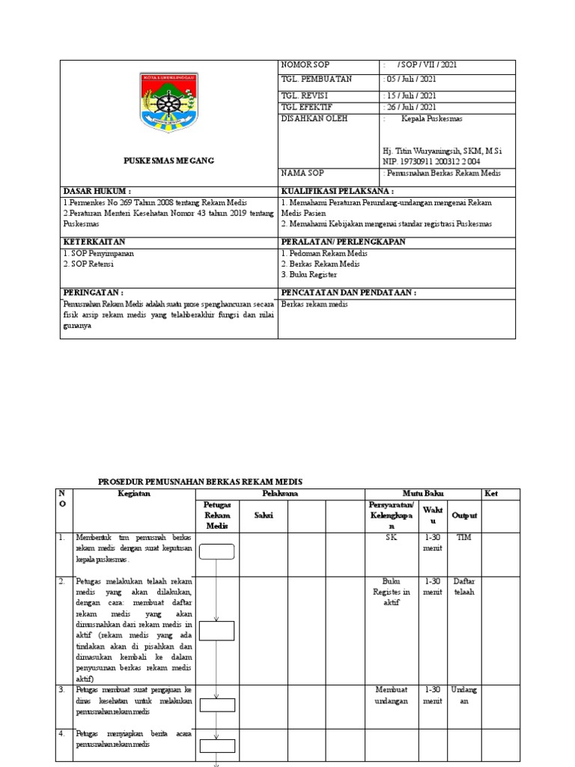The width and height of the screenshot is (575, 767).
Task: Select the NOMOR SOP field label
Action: tap(305, 65)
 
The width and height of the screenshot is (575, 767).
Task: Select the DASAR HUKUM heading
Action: tap(97, 192)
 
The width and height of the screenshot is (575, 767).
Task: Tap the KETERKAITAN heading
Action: tap(94, 242)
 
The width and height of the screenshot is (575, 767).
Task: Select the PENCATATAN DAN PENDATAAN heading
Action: tap(348, 292)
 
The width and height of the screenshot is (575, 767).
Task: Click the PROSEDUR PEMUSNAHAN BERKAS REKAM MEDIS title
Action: tap(201, 482)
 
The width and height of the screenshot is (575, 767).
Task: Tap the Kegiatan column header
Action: tap(134, 494)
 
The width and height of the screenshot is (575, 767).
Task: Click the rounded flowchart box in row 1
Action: tap(216, 552)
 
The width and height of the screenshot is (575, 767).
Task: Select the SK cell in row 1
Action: tap(392, 538)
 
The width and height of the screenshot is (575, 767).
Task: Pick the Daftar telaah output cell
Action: tap(464, 586)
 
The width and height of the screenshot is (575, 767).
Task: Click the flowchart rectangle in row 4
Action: tap(216, 745)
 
